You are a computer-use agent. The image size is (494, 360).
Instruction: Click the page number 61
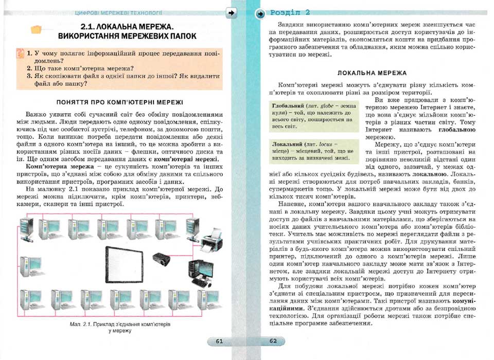pos(219,341)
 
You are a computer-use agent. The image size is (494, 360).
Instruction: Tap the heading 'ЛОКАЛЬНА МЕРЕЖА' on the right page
pos(372,73)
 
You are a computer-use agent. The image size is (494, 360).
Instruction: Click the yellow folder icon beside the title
pos(36,30)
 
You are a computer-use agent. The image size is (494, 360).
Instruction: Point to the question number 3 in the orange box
pos(29,76)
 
